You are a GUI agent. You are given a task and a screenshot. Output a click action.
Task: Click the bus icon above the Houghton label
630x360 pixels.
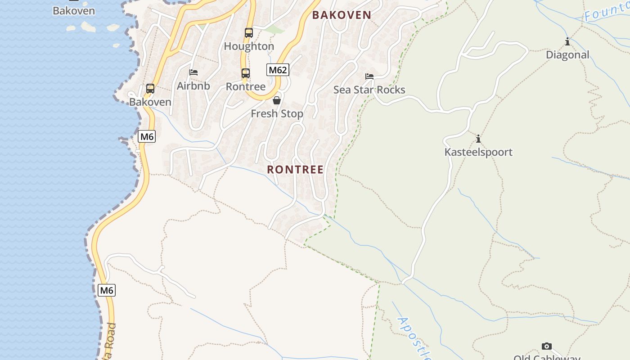(x=248, y=32)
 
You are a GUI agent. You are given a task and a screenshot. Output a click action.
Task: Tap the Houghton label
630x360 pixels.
(x=249, y=46)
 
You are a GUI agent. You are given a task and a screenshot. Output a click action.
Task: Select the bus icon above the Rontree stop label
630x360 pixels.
(x=245, y=73)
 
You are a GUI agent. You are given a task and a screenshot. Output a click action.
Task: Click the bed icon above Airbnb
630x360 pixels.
(x=193, y=72)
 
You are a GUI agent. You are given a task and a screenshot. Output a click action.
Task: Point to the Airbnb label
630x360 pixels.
(x=193, y=85)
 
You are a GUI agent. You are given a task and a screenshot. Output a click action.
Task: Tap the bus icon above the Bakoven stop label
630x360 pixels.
(x=150, y=88)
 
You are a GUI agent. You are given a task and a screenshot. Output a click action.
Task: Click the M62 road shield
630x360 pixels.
(x=278, y=70)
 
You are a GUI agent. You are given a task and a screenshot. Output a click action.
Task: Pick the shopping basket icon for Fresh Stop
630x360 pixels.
(x=277, y=100)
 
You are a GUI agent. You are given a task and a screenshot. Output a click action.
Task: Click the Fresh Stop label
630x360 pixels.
(x=277, y=114)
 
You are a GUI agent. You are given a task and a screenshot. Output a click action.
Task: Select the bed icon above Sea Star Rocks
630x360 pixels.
(x=369, y=76)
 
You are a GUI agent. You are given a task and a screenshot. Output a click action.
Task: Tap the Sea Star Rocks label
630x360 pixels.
(x=369, y=90)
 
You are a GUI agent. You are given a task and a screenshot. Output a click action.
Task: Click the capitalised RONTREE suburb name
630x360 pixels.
(x=295, y=170)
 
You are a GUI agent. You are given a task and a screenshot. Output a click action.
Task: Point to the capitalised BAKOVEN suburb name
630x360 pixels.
(x=342, y=15)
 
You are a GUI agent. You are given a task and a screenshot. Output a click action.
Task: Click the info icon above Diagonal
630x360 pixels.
(x=567, y=42)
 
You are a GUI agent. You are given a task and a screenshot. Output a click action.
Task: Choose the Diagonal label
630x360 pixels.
(x=567, y=55)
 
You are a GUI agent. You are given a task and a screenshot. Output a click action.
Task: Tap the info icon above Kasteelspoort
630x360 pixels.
(x=478, y=139)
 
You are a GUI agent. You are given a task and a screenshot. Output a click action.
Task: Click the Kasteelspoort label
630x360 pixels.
(x=478, y=152)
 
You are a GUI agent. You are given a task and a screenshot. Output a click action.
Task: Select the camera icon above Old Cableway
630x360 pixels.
(x=547, y=346)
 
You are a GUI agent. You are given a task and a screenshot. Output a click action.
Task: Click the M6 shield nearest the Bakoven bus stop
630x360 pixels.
(x=147, y=136)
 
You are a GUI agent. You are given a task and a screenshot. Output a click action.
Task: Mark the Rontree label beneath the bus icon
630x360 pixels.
(x=246, y=86)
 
